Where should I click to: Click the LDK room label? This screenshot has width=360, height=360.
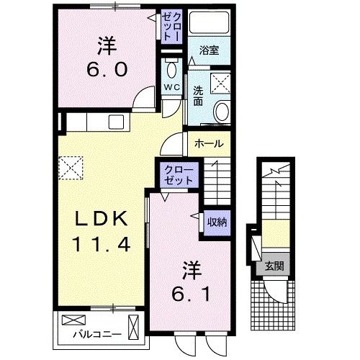[x=101, y=219]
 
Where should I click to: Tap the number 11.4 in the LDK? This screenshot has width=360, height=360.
[x=101, y=244]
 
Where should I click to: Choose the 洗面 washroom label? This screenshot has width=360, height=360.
[x=198, y=96]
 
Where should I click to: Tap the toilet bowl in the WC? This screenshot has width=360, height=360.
[x=171, y=70]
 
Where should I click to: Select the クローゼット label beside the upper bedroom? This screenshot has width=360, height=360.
[x=171, y=26]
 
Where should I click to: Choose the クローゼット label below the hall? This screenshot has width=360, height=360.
[x=177, y=175]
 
